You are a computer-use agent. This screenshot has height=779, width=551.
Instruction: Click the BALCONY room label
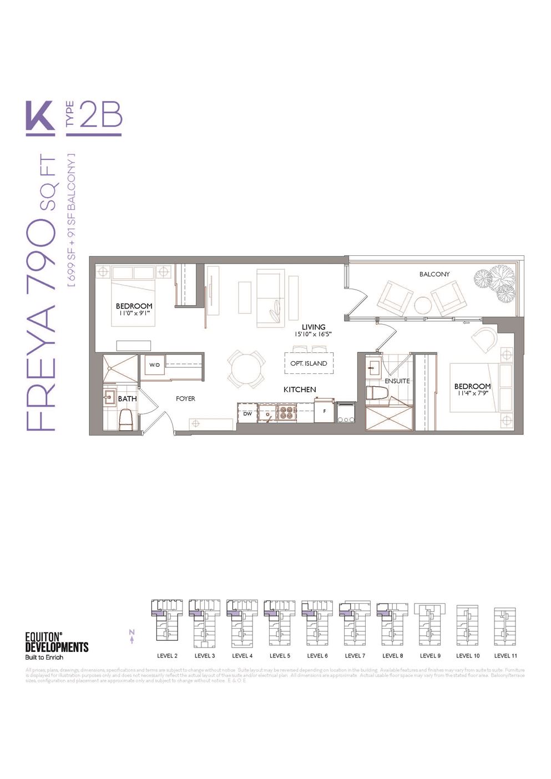tap(434, 274)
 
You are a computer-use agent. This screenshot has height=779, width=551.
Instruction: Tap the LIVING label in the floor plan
tap(314, 327)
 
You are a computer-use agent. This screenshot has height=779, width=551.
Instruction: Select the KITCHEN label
tap(300, 389)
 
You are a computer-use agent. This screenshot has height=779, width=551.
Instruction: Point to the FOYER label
tap(185, 398)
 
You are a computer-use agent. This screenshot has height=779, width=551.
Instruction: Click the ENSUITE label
tap(397, 381)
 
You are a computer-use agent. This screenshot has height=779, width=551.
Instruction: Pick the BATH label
tap(127, 398)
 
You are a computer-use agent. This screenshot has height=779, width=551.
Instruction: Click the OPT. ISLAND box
tap(309, 363)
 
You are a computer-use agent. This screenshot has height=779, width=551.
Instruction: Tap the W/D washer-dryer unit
tap(154, 365)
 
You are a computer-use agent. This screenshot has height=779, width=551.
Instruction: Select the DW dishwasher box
tap(247, 413)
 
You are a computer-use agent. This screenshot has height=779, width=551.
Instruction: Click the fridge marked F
tap(323, 412)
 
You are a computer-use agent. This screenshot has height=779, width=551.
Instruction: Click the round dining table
tap(245, 369)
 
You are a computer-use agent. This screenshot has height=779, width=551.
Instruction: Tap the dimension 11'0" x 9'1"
tap(134, 313)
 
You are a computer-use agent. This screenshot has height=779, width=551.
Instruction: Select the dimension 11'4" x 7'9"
tap(472, 393)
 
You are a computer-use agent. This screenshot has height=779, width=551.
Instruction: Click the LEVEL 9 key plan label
tap(430, 655)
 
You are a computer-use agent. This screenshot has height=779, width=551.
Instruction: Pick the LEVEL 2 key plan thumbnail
tap(167, 623)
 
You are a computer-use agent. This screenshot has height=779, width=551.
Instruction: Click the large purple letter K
tap(40, 117)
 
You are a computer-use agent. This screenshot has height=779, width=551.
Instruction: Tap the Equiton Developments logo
tap(57, 645)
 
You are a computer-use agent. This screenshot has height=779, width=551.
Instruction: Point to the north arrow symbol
tap(132, 636)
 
